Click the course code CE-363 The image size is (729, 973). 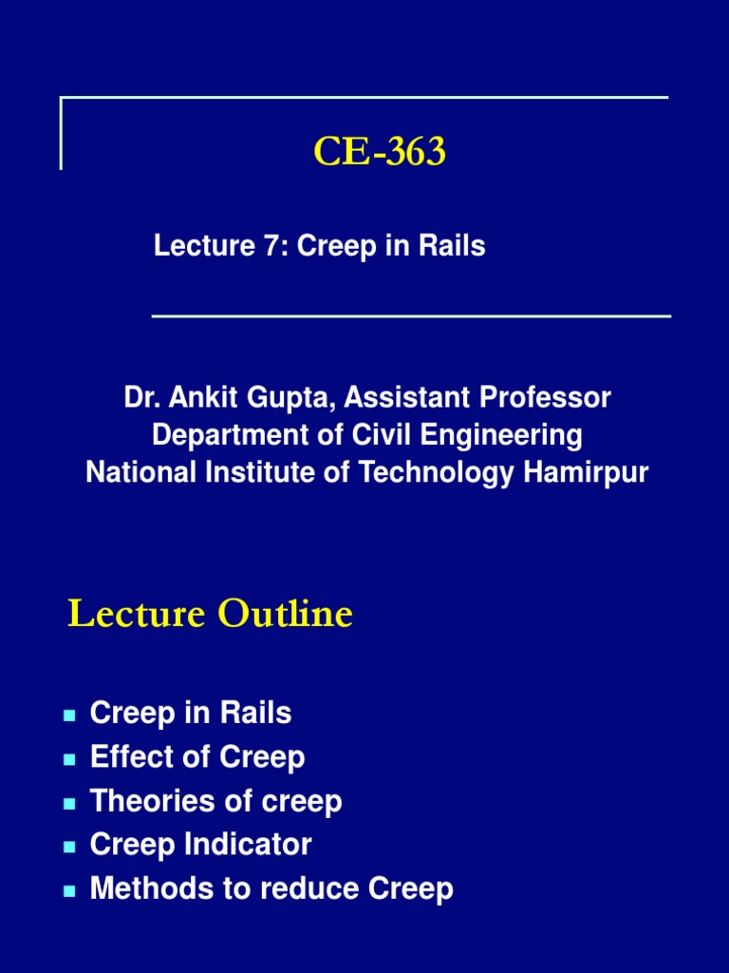380,152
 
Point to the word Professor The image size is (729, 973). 549,397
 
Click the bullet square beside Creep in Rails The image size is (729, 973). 69,715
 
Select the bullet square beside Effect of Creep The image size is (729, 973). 69,759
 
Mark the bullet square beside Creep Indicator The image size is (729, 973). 69,847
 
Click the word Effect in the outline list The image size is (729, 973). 121,757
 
